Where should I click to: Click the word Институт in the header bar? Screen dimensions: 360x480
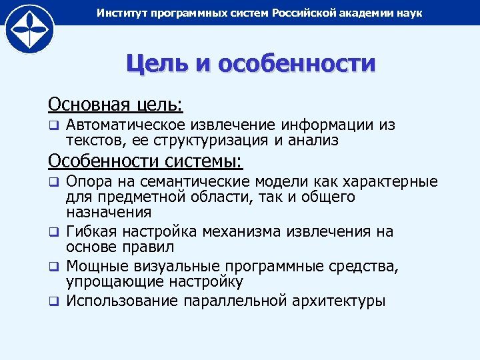click(x=119, y=13)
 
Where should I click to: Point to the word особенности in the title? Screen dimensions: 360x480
click(x=297, y=64)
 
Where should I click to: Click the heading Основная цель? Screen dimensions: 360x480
click(x=115, y=104)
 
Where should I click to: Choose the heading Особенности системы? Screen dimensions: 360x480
click(x=146, y=161)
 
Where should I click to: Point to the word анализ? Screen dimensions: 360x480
click(x=313, y=141)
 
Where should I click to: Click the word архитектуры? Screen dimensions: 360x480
click(x=339, y=301)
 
